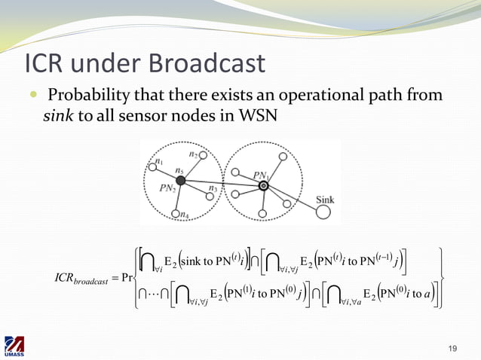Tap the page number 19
[x=452, y=347]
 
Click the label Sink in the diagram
[x=325, y=199]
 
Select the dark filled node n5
[x=180, y=181]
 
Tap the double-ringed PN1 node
[x=263, y=185]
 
